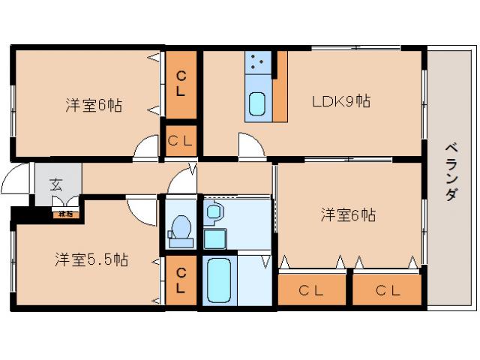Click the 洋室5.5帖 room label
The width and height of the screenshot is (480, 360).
click(x=91, y=260)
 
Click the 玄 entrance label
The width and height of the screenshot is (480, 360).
click(x=56, y=184)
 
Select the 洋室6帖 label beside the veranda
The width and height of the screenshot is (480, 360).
click(x=348, y=215)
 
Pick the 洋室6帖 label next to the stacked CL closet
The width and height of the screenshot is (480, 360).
click(x=93, y=106)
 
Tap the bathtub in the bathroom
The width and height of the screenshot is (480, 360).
click(x=217, y=280)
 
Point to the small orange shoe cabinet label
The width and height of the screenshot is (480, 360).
click(x=66, y=214)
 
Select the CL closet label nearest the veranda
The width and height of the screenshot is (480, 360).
click(x=387, y=290)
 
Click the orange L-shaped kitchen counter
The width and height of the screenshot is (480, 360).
click(x=280, y=94)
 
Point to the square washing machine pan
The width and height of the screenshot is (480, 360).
click(x=216, y=239)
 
